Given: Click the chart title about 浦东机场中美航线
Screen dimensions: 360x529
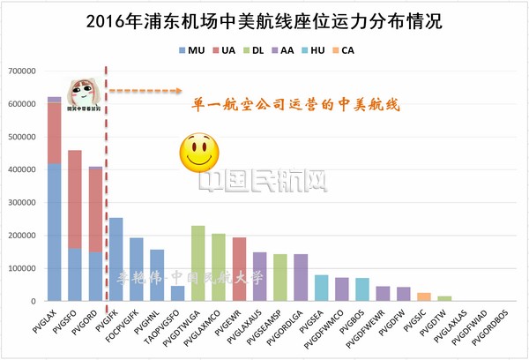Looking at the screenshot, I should point(264,19).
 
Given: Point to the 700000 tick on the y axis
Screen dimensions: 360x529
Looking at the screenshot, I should point(22,71).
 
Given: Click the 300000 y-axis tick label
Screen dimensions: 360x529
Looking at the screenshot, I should point(22,203).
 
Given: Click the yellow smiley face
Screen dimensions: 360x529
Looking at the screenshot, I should point(197,153).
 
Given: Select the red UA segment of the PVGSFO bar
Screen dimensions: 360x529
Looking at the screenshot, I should point(75,199).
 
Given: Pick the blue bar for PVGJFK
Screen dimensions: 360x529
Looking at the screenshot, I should point(116,259).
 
